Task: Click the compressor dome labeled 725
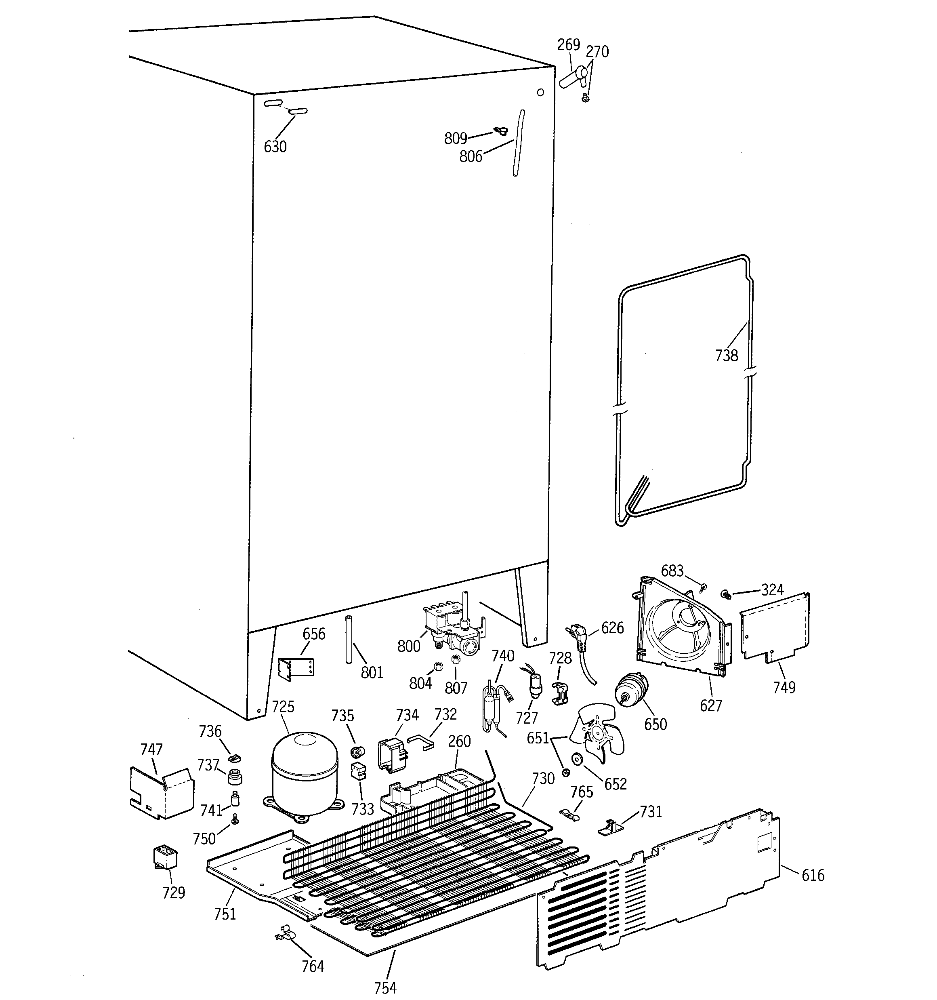tap(304, 773)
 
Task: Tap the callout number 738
tap(726, 356)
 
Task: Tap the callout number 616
tap(813, 876)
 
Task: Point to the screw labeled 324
tap(726, 595)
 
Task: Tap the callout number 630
tap(275, 147)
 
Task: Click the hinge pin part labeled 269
tap(572, 78)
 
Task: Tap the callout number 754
tap(385, 987)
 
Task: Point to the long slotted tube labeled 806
tap(519, 143)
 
